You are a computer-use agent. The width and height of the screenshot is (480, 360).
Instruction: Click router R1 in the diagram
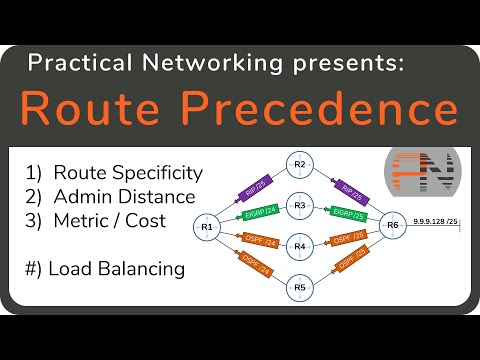pyautogui.click(x=208, y=226)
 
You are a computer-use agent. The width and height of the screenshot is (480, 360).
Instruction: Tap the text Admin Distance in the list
pyautogui.click(x=123, y=196)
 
